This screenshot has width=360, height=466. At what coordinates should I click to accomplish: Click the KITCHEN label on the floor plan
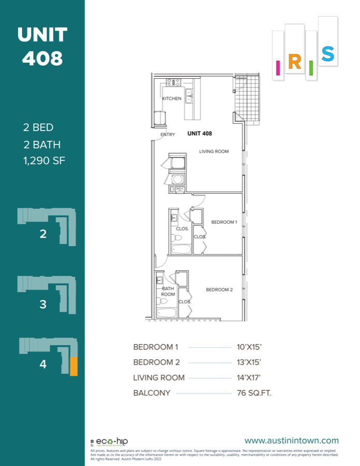[172, 98]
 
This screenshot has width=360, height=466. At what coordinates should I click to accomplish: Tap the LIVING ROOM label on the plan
[214, 151]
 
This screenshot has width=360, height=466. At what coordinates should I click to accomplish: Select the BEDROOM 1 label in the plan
[224, 222]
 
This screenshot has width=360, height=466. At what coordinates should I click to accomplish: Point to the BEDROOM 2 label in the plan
[220, 289]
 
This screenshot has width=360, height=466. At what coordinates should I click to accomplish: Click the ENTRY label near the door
[168, 135]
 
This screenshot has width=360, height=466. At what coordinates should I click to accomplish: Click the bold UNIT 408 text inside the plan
[199, 134]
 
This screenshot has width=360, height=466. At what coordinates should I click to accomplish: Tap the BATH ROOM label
[168, 291]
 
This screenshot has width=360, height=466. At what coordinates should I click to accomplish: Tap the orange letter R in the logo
[294, 63]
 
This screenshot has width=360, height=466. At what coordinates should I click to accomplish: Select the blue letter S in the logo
[327, 54]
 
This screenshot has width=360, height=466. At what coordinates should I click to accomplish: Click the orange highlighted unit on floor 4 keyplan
[74, 366]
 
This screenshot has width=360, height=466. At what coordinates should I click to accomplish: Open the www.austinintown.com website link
[291, 441]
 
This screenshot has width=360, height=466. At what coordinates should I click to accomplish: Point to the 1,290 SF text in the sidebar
[44, 161]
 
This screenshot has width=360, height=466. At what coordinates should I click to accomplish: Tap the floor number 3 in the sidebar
[43, 304]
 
